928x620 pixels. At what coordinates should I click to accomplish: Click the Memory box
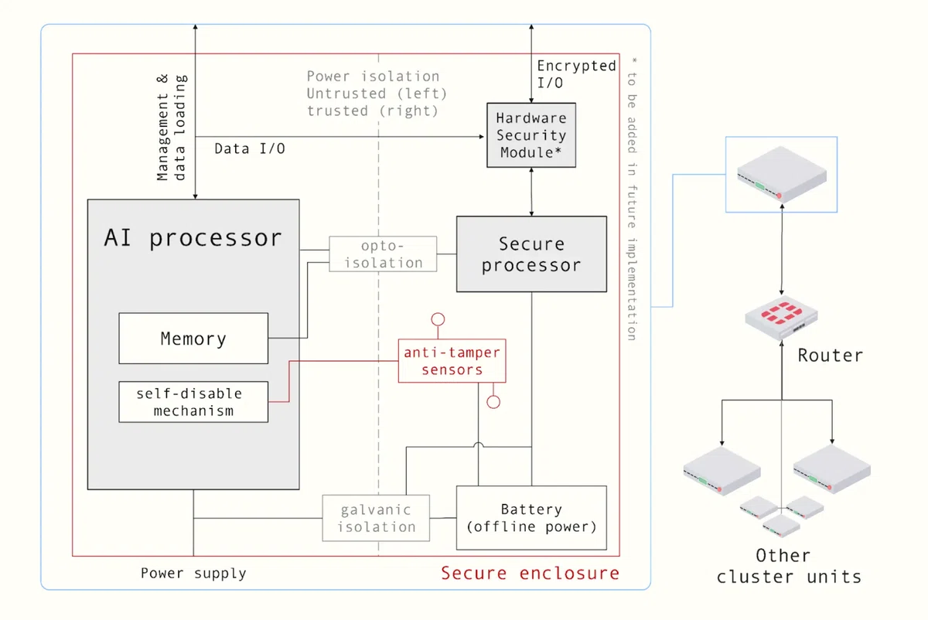click(x=193, y=339)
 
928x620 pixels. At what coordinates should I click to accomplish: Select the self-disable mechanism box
click(x=193, y=402)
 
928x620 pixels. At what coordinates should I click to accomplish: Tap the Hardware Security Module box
click(x=531, y=135)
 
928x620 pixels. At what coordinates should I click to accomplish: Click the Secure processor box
click(x=531, y=254)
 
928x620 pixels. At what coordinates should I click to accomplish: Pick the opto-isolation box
click(x=383, y=254)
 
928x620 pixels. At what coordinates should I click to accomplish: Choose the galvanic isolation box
click(x=376, y=518)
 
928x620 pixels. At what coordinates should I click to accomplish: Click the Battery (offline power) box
click(x=531, y=518)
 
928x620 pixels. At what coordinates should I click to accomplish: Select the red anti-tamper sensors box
click(x=452, y=361)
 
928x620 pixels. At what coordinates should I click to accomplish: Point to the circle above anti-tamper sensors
click(x=438, y=319)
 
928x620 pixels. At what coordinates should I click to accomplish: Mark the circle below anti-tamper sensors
click(x=493, y=402)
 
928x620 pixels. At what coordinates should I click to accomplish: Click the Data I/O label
click(x=250, y=148)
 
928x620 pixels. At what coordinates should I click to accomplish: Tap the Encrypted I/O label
click(x=576, y=74)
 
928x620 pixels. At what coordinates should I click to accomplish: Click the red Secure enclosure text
click(x=530, y=573)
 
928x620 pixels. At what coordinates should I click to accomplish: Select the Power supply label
click(x=193, y=573)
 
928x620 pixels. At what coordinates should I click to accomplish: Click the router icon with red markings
click(x=781, y=318)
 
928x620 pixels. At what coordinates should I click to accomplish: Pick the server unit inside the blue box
click(x=782, y=174)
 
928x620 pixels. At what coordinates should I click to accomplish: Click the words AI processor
click(x=193, y=238)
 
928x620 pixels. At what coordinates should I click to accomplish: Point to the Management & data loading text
click(x=172, y=128)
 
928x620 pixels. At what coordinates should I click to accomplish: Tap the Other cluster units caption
click(x=788, y=566)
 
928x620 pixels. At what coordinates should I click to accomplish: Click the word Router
click(x=831, y=356)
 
